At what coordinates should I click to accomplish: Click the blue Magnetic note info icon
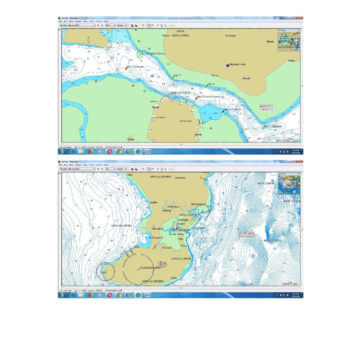pos(228,65)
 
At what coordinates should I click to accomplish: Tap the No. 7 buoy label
pos(178,75)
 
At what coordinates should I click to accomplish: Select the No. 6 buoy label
pos(211,84)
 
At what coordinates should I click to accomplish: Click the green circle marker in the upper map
pos(139,55)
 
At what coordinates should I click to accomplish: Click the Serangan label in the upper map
pos(230,36)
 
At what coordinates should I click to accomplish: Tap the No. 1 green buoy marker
pos(264,128)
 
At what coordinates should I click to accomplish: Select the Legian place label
pos(154,202)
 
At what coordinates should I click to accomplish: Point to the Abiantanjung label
pos(200,204)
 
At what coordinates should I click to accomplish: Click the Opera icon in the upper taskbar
pos(109,152)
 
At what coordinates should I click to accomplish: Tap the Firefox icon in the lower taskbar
pos(90,295)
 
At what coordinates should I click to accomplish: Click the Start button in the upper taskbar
pos(62,152)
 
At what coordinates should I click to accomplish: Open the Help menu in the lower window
pos(106,164)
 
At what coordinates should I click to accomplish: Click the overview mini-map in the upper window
pos(288,40)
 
